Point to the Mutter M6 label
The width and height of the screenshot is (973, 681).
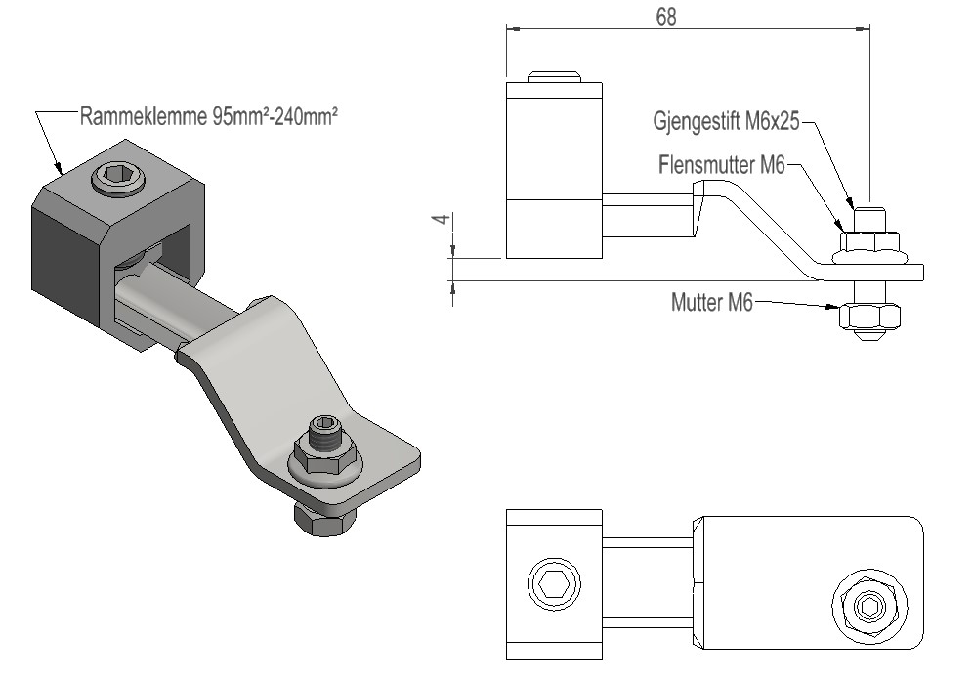(712, 303)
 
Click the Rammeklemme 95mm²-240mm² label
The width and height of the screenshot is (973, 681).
(208, 117)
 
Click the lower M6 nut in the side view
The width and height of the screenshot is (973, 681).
(868, 317)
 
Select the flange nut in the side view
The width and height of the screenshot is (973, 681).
(869, 247)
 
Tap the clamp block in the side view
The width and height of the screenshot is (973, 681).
(554, 171)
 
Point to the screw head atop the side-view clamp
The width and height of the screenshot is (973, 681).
(554, 76)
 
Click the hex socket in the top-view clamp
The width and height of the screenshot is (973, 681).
(555, 585)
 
